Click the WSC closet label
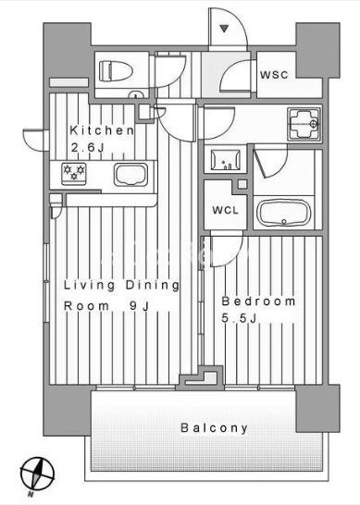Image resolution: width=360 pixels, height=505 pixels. point(274,75)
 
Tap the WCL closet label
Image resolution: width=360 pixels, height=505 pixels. point(225,210)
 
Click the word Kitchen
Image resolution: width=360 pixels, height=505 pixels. point(102,130)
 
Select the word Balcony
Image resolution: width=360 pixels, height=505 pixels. point(215,428)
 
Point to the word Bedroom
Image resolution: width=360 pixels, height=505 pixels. point(258,302)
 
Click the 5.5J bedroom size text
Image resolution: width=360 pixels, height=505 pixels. point(239,318)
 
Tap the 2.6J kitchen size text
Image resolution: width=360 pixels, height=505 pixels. point(88,148)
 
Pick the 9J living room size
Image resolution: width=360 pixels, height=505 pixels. point(139,305)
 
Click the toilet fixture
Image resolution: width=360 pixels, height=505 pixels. point(116,71)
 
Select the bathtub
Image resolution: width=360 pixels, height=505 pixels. point(283,213)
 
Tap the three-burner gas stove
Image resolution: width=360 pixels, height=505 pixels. point(74,174)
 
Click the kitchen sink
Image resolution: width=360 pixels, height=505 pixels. point(130,174)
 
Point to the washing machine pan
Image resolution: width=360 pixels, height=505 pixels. point(304,124)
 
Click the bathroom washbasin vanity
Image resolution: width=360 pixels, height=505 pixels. point(226,159)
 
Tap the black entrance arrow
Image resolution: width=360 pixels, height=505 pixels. point(224,29)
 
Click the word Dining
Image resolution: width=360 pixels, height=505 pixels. point(152,286)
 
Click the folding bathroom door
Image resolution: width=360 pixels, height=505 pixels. point(265,162)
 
